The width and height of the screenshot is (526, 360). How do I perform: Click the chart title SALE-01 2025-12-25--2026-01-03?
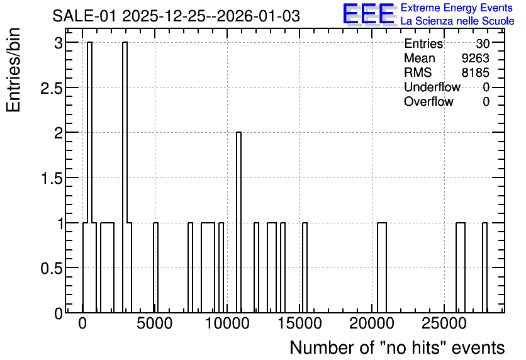point(176,16)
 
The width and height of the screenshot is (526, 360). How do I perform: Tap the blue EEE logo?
point(369,14)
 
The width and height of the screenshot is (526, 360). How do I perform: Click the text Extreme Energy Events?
point(457,8)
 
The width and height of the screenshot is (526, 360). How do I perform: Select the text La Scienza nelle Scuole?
point(457,21)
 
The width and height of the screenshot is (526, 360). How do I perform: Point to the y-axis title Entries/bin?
point(13,70)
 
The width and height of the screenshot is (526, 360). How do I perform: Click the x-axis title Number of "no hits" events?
point(397,347)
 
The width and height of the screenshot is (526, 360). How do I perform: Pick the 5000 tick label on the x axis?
point(155,323)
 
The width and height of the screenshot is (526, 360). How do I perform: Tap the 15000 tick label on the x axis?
point(299,323)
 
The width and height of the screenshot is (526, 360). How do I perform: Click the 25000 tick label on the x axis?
point(444,323)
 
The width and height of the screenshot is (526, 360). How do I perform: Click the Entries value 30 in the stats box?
point(483,43)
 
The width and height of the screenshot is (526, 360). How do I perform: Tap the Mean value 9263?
point(475,58)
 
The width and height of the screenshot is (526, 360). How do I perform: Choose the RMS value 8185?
point(475,72)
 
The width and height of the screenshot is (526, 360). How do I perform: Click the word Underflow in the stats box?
point(432,87)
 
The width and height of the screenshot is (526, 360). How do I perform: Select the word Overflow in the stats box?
point(428,101)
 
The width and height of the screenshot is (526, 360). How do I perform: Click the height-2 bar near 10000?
point(238,222)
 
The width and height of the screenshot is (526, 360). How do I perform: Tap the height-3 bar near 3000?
point(125,177)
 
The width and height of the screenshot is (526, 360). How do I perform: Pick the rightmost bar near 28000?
point(484,267)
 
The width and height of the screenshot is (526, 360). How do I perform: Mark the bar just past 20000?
point(382,267)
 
